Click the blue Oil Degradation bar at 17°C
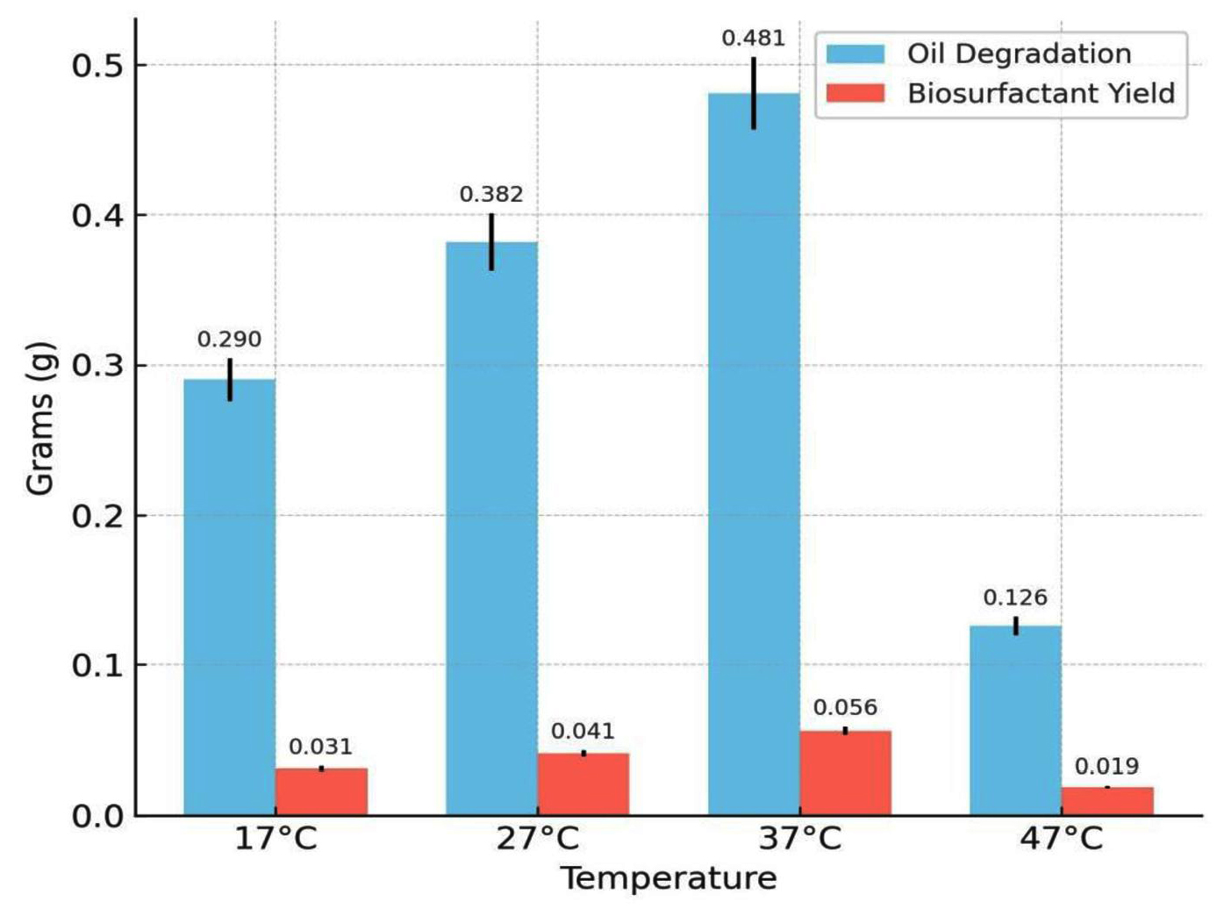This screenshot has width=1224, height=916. coord(229,597)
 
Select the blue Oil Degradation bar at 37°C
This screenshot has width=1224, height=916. coord(754,456)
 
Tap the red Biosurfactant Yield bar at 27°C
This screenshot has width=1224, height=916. coord(583,784)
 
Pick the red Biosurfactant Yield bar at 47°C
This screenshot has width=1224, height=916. coord(1107,801)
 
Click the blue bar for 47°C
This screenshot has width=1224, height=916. coord(1015,719)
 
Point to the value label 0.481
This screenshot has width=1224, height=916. coord(754,39)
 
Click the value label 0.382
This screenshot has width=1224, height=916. coord(491,195)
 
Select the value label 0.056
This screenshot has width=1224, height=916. coord(845,708)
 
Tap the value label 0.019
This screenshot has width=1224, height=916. coord(1107,767)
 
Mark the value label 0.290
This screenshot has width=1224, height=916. coord(229,340)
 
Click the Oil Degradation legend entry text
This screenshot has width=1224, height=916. coord(1019,54)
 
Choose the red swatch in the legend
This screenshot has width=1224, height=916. coord(855,93)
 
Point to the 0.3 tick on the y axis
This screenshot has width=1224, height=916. coord(97,366)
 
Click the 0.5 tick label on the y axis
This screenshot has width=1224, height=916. coord(97,66)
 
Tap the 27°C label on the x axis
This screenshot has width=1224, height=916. coord(538,839)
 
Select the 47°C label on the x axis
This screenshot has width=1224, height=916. coord(1062,839)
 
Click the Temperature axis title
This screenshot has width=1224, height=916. coord(669,878)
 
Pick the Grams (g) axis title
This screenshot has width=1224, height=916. coord(40,419)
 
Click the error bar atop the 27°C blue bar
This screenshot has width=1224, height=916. coord(491,241)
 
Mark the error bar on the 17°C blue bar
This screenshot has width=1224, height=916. coord(230,379)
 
